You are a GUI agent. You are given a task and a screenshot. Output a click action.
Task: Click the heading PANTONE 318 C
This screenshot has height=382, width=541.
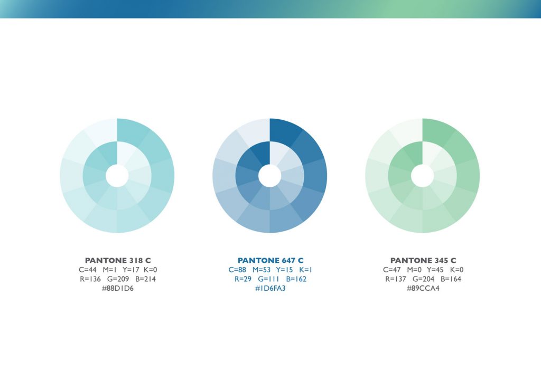pyautogui.click(x=118, y=261)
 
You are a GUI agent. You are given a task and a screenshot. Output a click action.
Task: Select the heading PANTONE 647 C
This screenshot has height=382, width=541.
pyautogui.click(x=270, y=261)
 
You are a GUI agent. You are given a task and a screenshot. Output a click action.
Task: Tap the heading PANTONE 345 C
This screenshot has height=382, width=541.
pyautogui.click(x=423, y=261)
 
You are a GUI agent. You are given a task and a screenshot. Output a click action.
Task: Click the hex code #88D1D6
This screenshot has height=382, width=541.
pyautogui.click(x=118, y=288)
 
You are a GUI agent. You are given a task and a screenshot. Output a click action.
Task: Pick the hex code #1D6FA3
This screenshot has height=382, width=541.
pyautogui.click(x=270, y=288)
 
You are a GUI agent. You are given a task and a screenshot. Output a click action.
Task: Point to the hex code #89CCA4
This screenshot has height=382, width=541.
pyautogui.click(x=423, y=288)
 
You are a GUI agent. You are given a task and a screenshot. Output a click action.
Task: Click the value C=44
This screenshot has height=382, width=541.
pyautogui.click(x=88, y=270)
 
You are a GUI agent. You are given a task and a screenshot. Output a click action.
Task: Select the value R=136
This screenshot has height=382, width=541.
pyautogui.click(x=90, y=279)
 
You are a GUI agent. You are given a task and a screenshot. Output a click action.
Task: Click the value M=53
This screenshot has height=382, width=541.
pyautogui.click(x=262, y=270)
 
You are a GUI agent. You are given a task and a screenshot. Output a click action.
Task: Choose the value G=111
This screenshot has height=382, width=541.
pyautogui.click(x=268, y=279)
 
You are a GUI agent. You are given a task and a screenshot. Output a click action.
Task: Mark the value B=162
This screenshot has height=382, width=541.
pyautogui.click(x=296, y=279)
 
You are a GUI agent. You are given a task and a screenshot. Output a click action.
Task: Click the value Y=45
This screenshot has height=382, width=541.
pyautogui.click(x=435, y=270)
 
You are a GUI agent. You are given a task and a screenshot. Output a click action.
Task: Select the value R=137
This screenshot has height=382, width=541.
pyautogui.click(x=395, y=279)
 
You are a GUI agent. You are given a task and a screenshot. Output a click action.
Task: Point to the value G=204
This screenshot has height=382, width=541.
pyautogui.click(x=423, y=279)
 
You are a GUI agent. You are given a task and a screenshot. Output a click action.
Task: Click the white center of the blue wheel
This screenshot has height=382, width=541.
pyautogui.click(x=270, y=176)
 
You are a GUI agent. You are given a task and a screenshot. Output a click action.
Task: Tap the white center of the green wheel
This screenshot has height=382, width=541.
pyautogui.click(x=422, y=176)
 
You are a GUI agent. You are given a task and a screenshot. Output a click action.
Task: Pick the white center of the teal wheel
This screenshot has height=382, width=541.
pyautogui.click(x=117, y=176)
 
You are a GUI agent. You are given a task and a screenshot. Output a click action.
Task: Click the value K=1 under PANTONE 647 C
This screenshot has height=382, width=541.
pyautogui.click(x=306, y=270)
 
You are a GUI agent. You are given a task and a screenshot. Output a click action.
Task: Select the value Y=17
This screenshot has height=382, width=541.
pyautogui.click(x=131, y=270)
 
